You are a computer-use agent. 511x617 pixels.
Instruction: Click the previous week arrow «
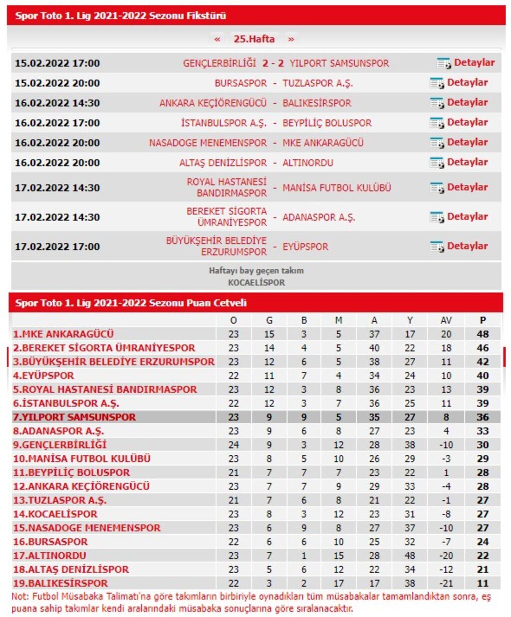(217, 39)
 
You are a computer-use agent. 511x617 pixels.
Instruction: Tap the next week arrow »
(291, 39)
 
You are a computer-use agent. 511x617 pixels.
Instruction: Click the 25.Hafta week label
(254, 39)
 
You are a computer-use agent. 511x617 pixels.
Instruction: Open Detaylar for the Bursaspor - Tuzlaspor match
(467, 83)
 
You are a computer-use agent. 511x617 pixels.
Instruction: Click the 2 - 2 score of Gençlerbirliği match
(273, 63)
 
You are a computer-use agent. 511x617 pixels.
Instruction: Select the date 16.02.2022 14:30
(57, 103)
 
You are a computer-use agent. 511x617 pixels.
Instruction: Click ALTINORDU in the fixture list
(308, 163)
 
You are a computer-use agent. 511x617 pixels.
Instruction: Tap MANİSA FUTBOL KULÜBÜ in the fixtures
(337, 188)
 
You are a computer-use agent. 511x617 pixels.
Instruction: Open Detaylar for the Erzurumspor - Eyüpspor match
(467, 246)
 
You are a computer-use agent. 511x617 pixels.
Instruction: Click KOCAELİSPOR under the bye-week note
(256, 283)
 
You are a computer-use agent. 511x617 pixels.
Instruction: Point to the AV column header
(446, 321)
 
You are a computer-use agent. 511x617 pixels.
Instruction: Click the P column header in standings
(483, 321)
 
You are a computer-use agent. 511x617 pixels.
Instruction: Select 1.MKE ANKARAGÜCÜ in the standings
(63, 334)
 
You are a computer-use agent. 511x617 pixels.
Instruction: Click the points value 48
(483, 334)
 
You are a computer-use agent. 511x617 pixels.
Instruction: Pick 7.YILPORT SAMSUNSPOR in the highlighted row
(74, 417)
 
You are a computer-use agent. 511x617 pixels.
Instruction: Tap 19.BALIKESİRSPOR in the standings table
(60, 583)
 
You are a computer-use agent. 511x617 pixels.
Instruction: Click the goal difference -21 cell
(446, 583)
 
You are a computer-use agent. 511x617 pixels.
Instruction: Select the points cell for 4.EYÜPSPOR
(483, 376)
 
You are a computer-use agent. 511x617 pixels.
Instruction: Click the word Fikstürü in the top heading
(206, 15)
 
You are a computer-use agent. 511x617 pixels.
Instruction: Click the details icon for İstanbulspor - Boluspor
(437, 123)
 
